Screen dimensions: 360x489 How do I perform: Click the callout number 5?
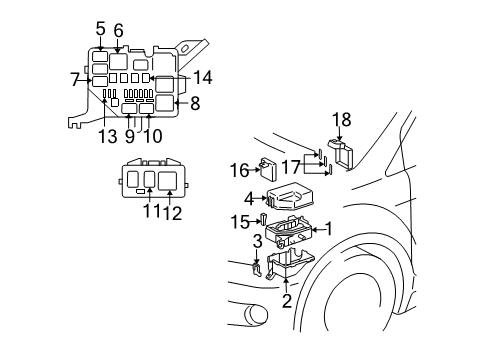click(x=100, y=29)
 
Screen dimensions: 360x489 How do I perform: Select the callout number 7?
click(x=75, y=78)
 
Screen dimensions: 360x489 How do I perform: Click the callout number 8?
click(x=195, y=101)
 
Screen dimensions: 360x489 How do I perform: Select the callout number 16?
click(x=240, y=169)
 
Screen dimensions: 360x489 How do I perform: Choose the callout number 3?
click(x=256, y=241)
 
